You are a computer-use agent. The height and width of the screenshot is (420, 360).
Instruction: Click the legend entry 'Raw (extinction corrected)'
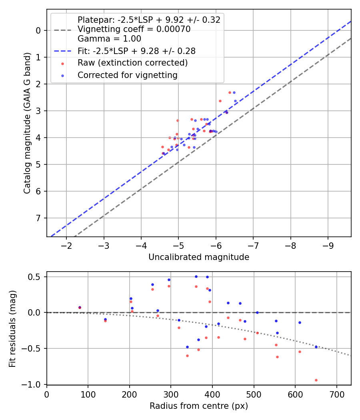click(x=132, y=63)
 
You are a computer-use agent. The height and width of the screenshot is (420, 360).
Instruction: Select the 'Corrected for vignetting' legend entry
click(x=128, y=75)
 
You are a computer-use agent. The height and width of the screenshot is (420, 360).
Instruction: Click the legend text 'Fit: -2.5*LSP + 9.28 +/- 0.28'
click(x=136, y=51)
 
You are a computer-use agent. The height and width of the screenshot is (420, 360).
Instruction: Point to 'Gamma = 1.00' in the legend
click(x=109, y=39)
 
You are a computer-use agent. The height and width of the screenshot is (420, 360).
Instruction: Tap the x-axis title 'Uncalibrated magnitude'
click(x=199, y=257)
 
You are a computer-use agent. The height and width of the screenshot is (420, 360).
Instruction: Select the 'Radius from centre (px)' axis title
click(x=199, y=406)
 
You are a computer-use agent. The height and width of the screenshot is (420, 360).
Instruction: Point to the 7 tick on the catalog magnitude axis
click(x=38, y=218)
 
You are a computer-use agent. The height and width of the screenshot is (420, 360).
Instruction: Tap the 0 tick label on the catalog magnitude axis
click(x=38, y=30)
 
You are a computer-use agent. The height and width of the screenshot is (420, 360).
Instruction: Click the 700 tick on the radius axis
click(x=336, y=394)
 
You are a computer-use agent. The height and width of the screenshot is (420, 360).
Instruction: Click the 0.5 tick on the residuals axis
click(x=36, y=277)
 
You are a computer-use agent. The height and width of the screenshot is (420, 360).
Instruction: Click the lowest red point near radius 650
click(x=316, y=380)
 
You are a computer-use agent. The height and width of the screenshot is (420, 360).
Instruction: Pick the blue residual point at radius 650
click(x=316, y=347)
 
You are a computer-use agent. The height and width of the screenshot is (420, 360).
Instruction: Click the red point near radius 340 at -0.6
click(x=187, y=356)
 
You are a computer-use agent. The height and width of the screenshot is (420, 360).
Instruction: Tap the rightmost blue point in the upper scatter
click(x=235, y=101)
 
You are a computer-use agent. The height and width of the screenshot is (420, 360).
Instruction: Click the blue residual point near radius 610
click(x=300, y=322)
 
